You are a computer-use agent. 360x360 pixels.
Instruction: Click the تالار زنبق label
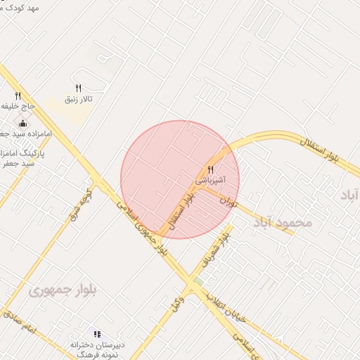tap(78, 100)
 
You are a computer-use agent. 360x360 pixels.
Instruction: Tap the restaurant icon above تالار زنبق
tap(78, 88)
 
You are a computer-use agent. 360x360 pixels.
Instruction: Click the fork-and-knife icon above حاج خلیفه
tap(18, 96)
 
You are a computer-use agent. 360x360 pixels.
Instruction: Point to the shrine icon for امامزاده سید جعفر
tap(23, 123)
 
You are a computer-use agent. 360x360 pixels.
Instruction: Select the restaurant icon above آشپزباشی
tap(210, 170)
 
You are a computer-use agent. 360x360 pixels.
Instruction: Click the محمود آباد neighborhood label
tap(281, 222)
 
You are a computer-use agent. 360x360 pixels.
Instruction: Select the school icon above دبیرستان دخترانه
tap(97, 334)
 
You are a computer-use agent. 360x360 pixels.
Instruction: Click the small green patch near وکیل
tap(200, 281)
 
